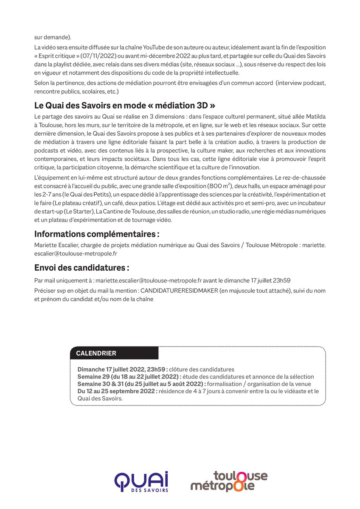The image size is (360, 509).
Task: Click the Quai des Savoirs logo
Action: coord(141,482)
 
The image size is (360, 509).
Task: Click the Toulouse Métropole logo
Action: coord(229,481)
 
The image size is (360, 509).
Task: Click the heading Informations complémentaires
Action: coord(97,234)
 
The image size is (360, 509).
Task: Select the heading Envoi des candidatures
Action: coord(82,268)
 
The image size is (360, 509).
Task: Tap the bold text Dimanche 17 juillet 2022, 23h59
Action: coord(122,369)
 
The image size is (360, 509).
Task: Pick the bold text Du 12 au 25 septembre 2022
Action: coord(118,391)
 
